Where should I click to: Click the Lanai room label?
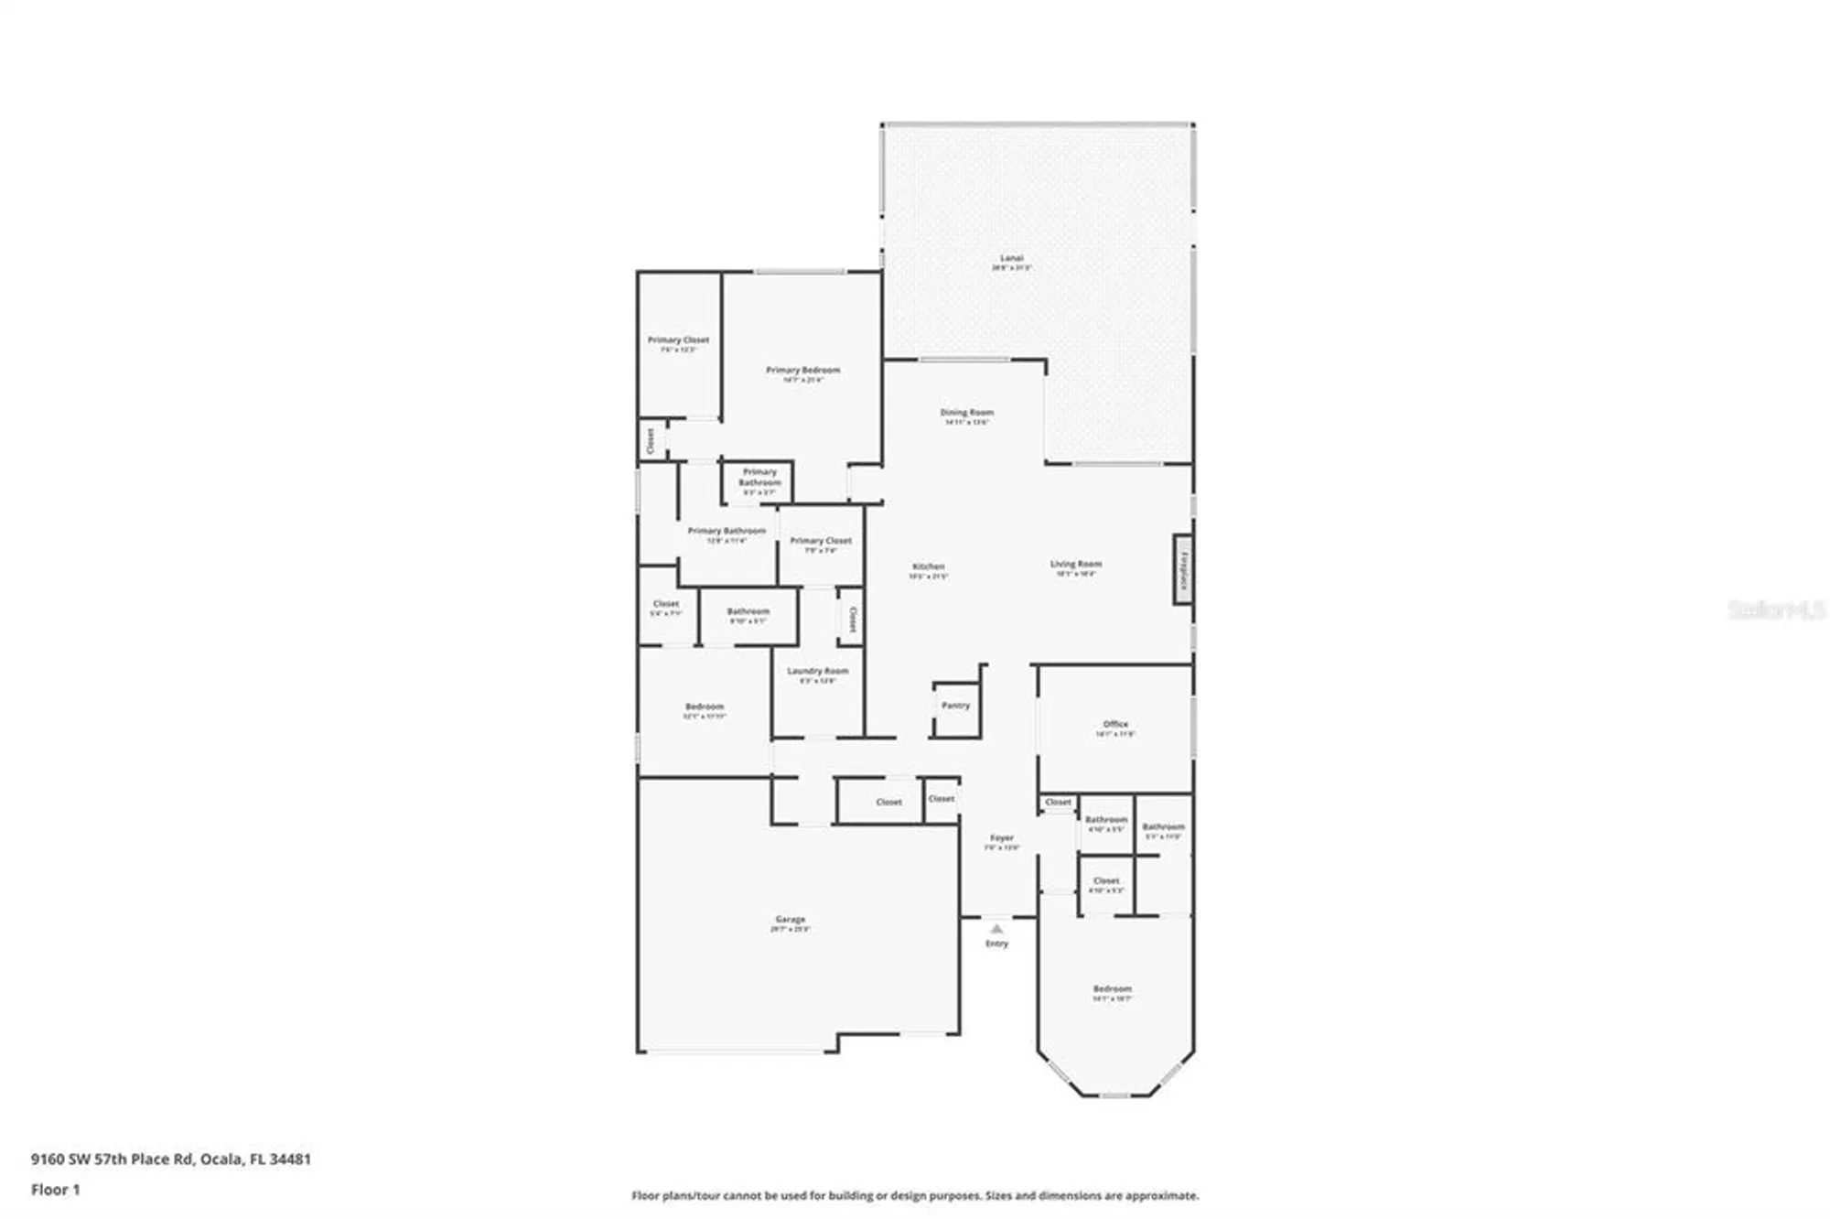click(x=1011, y=259)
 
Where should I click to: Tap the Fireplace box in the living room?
click(x=1183, y=569)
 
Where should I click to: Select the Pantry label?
click(x=955, y=706)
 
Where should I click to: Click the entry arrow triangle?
click(x=996, y=929)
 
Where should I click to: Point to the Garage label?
click(x=790, y=920)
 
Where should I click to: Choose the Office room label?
click(x=1115, y=725)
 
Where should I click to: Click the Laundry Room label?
click(x=818, y=672)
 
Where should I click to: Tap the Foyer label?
click(x=1002, y=838)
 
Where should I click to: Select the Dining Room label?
click(x=966, y=413)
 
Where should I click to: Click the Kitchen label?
click(x=928, y=567)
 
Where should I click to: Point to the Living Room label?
click(x=1076, y=565)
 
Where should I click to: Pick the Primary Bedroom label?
click(x=802, y=371)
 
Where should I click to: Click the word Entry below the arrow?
click(x=996, y=944)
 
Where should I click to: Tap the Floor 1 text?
click(x=56, y=1190)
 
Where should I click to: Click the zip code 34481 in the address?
click(x=290, y=1159)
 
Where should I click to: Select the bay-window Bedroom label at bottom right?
click(x=1112, y=989)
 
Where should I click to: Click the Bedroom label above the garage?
click(x=705, y=707)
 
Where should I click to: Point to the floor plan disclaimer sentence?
click(x=915, y=1195)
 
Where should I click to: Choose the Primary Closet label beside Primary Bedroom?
click(x=678, y=340)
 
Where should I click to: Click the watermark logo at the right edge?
click(x=1776, y=609)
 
